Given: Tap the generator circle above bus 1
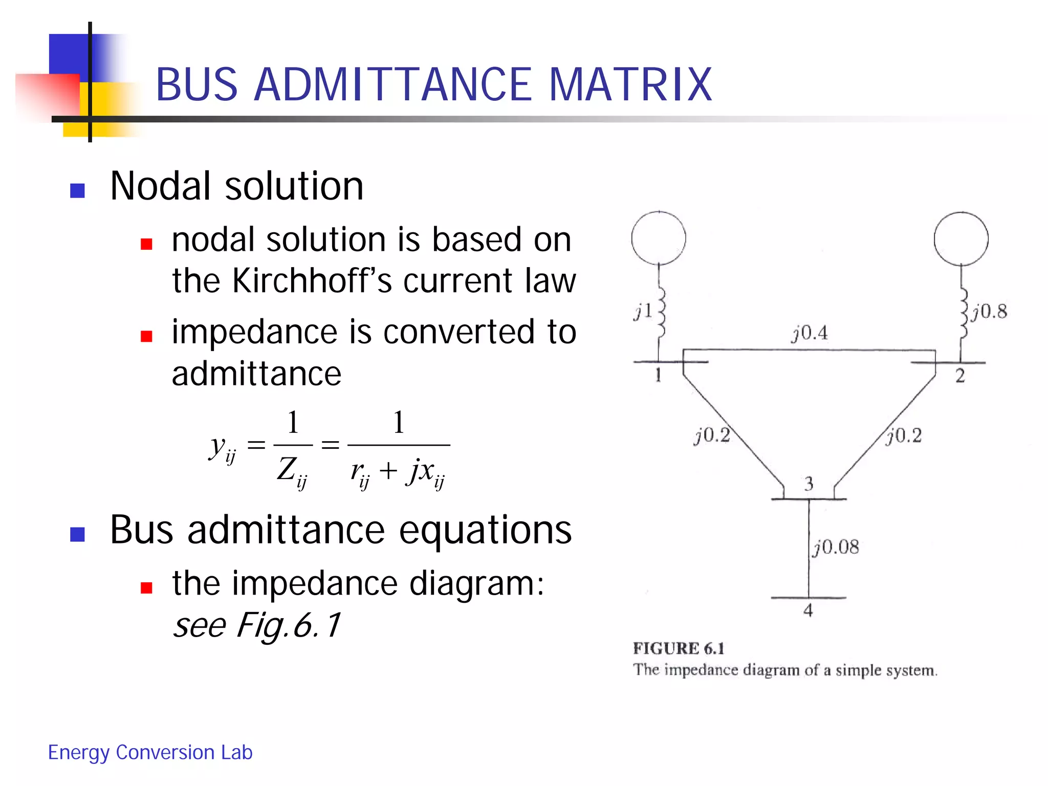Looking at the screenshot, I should (659, 238).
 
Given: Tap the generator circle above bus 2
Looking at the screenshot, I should (960, 238).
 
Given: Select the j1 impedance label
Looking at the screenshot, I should (643, 311).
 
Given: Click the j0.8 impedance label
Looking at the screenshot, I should (990, 311).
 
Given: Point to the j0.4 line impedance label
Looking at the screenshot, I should (810, 333).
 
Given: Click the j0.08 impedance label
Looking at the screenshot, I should (836, 547).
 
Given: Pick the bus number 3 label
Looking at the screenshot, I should (809, 484).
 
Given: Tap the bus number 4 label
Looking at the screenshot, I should (808, 610).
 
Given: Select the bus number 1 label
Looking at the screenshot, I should (658, 375).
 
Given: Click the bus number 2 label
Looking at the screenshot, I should (960, 376).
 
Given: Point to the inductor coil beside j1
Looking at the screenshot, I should (661, 311).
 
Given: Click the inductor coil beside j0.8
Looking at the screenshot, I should (964, 313).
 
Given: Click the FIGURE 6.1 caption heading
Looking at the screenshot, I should (679, 648).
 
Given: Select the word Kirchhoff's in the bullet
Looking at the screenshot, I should (312, 281).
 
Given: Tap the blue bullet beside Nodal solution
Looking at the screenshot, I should (77, 191).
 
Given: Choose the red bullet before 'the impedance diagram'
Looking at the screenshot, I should (147, 587).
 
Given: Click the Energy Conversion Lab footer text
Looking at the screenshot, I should (150, 752).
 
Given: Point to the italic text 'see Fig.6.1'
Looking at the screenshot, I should (256, 625).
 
